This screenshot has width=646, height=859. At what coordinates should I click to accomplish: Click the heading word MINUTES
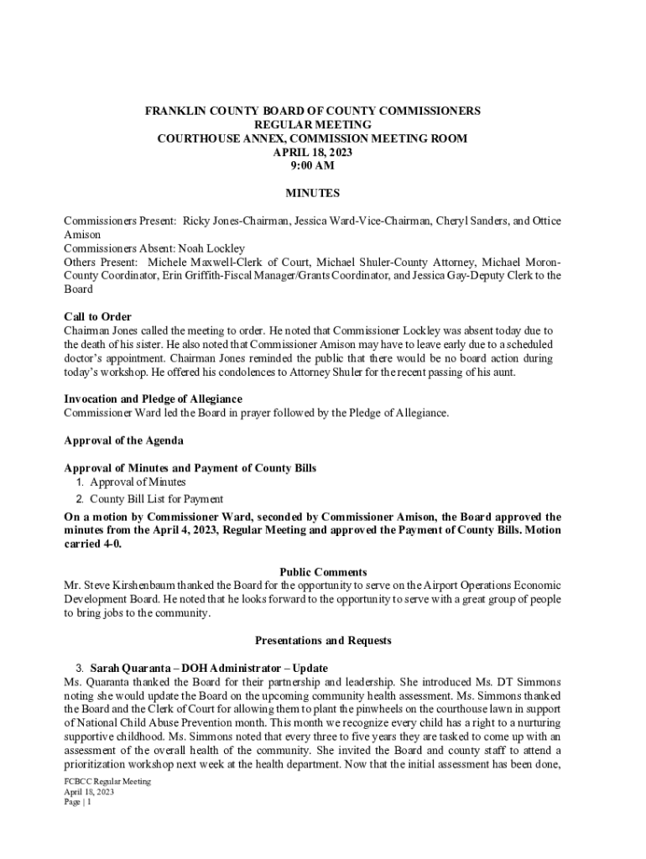point(313,193)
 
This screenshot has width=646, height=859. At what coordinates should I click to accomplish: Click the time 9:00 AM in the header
point(313,165)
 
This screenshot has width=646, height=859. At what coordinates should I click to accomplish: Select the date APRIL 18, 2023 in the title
point(313,152)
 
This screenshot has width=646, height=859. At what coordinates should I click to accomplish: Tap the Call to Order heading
point(97,317)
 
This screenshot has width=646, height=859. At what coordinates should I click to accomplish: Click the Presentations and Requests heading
point(312,641)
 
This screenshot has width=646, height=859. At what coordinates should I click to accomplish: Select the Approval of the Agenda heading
point(123,440)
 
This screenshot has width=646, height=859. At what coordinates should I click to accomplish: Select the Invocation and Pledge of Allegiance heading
point(154,399)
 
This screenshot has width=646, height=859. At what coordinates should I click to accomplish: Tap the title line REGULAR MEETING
point(313,124)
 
